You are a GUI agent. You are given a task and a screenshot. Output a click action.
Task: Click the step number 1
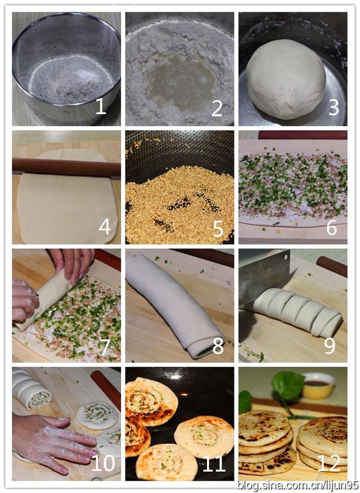point(101,107)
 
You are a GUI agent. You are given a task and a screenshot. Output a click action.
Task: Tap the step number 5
point(218,229)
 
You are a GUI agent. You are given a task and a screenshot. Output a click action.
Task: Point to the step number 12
point(329,463)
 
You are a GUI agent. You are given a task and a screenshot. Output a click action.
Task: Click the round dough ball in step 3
point(286,79)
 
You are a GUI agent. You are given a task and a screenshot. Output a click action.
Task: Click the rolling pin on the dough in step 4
point(66,168)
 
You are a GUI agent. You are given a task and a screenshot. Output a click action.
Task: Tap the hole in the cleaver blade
point(286,257)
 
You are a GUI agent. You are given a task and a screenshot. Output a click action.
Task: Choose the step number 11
point(214,463)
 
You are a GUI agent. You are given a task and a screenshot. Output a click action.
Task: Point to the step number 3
point(334,107)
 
